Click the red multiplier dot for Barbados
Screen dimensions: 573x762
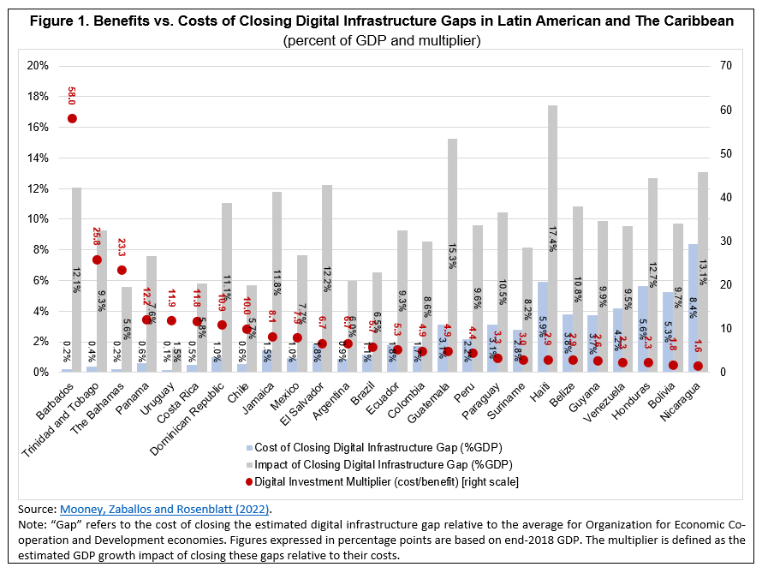click(72, 118)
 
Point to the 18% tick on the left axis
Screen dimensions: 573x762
click(38, 97)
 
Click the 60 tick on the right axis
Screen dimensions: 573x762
click(725, 110)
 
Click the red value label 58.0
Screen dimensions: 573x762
click(72, 95)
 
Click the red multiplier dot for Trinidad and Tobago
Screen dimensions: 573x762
click(97, 260)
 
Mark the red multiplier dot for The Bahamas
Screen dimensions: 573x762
click(122, 270)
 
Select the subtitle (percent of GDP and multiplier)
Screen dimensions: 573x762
click(381, 40)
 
